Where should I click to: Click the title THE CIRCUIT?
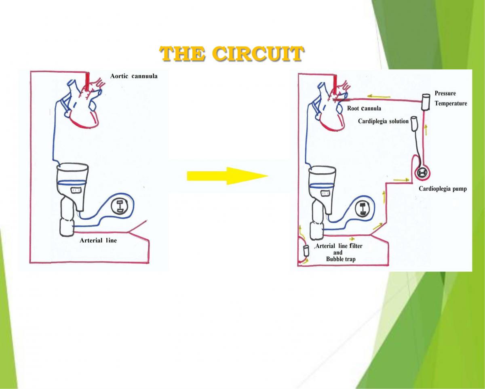231,54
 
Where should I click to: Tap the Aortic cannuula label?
133,76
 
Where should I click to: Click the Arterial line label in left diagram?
98,240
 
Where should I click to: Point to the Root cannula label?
364,108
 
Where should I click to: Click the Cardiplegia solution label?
383,121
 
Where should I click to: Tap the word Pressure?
445,94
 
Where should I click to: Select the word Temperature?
451,103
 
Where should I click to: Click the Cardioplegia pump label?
443,189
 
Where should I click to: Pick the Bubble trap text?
341,259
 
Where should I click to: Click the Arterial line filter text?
339,246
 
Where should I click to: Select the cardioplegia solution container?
415,123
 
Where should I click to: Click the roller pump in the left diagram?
120,206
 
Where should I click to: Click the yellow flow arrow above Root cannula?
379,97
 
